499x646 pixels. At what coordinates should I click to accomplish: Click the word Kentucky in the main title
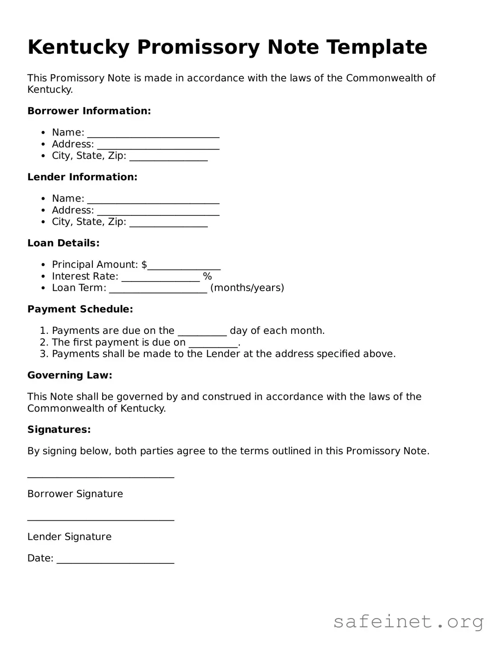78,47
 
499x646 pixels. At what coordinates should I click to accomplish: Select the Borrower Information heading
89,111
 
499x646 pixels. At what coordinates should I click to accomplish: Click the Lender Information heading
82,177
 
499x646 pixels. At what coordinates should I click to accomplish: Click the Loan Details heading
63,243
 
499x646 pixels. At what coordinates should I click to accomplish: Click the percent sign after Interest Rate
207,277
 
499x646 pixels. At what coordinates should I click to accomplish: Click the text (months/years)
247,288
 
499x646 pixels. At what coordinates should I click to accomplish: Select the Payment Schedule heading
80,309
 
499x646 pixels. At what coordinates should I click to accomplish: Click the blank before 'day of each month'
202,333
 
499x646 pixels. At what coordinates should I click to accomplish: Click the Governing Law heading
70,376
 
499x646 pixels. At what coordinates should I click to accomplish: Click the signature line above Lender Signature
101,519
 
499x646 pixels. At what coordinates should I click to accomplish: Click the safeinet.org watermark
408,622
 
